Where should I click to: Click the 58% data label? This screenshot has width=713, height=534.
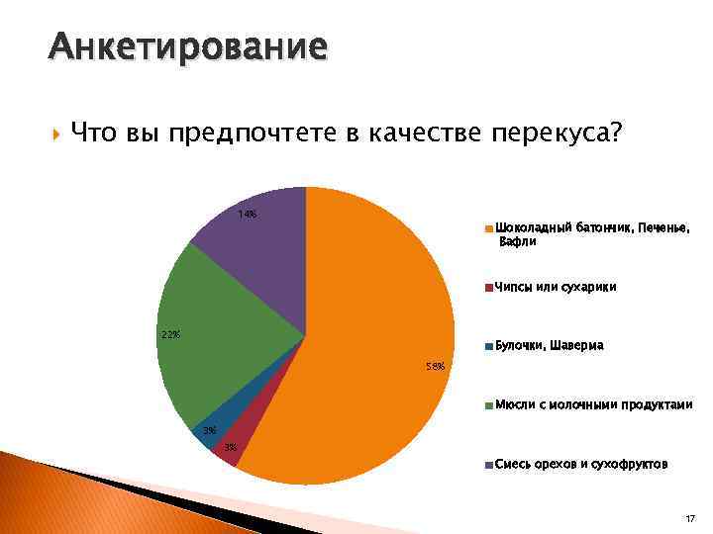[x=435, y=366]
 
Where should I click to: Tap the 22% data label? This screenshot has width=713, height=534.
[x=170, y=334]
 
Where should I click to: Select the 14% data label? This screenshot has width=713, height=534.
[x=247, y=215]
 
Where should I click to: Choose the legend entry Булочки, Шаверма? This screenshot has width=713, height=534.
[x=550, y=346]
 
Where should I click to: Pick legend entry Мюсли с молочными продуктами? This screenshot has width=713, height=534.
[x=592, y=405]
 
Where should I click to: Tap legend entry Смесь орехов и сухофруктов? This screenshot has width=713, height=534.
[x=580, y=464]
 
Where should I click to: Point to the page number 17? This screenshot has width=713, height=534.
[x=689, y=517]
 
